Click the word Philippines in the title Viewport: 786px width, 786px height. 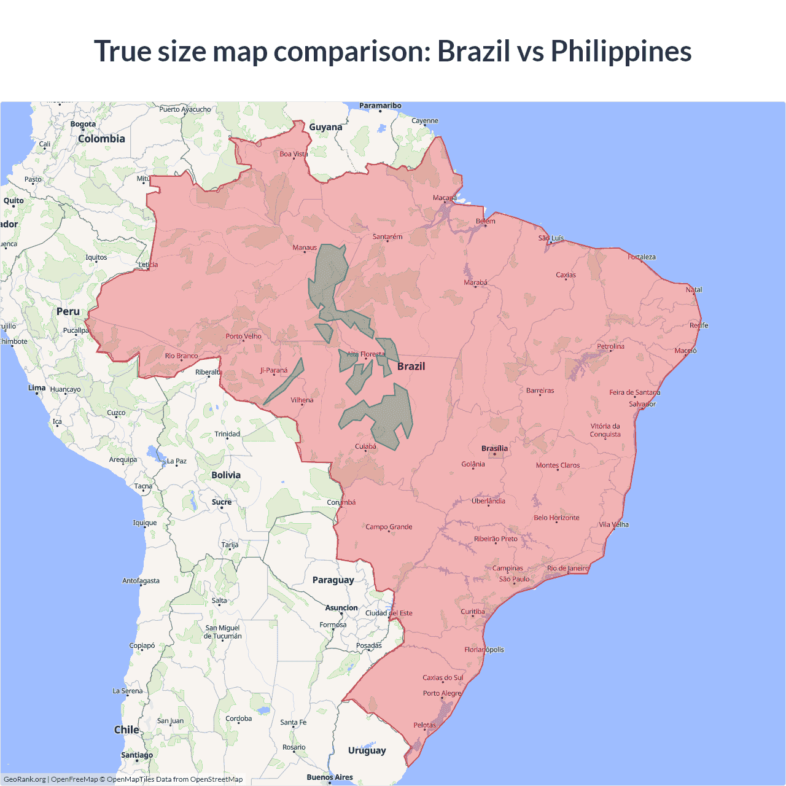(621, 52)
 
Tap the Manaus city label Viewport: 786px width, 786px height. (305, 247)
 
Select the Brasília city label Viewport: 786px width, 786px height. (494, 448)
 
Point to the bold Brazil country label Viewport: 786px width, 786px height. (411, 366)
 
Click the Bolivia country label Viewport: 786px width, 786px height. (226, 475)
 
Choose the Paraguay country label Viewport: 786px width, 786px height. (333, 580)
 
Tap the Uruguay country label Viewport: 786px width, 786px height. (367, 750)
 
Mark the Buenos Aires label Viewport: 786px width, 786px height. (330, 777)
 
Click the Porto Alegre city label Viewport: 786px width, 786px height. (442, 693)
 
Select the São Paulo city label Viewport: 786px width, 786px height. (514, 579)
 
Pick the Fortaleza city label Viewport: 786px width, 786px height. (642, 257)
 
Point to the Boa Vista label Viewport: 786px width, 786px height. (294, 154)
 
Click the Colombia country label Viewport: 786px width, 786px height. (101, 139)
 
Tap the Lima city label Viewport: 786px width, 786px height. (37, 387)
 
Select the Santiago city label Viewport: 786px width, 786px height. (137, 755)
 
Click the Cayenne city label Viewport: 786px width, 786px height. (425, 120)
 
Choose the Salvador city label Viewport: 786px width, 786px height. (642, 404)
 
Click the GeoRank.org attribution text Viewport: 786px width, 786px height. (25, 779)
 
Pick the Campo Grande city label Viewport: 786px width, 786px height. (389, 527)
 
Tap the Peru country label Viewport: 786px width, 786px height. (68, 311)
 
